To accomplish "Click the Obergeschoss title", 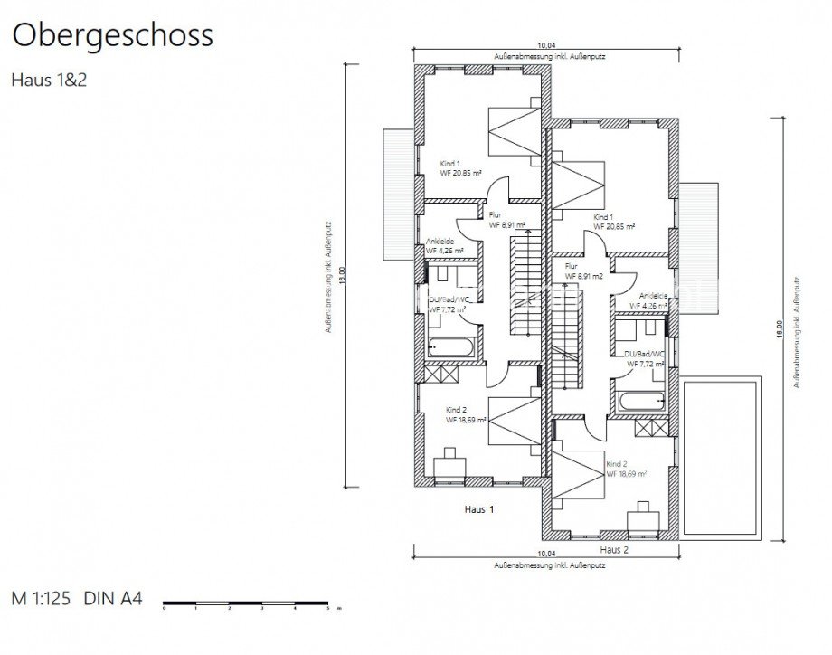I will (x=112, y=35).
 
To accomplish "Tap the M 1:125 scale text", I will (x=44, y=598).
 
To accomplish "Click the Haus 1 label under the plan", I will (x=479, y=510).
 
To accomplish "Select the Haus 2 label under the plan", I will (x=614, y=549).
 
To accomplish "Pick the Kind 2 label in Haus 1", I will (x=457, y=410).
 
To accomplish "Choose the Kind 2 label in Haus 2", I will (x=617, y=462).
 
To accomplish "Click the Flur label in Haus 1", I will (x=495, y=215).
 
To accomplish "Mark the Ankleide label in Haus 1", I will (x=440, y=242).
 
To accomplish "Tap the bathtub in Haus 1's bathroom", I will (x=448, y=346).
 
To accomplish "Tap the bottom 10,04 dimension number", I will (x=545, y=553).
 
